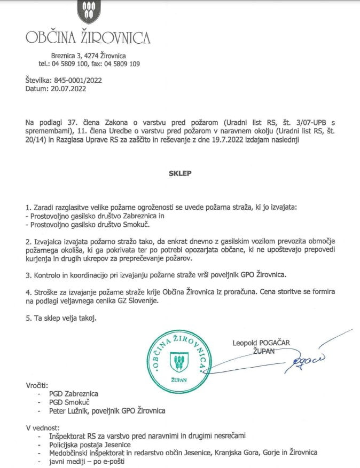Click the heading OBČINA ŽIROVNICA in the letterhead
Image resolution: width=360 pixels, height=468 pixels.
click(88, 37)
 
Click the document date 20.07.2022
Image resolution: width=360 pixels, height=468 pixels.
click(68, 89)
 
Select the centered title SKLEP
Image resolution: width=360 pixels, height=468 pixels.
click(180, 173)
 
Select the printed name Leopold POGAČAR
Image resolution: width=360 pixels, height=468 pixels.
click(264, 342)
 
